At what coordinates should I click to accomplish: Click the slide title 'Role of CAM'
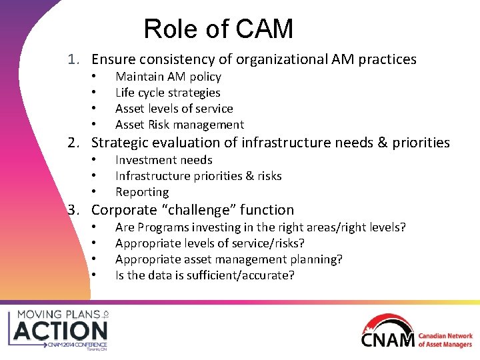218,29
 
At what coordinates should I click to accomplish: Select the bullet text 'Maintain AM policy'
168,77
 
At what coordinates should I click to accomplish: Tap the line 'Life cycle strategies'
167,93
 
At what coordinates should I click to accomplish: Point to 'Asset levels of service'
174,109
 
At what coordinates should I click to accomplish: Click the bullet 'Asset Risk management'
179,125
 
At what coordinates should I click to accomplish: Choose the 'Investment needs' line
163,160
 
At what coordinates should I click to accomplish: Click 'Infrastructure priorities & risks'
198,176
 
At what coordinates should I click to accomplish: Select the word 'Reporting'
142,192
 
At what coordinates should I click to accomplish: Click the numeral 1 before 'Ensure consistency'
73,60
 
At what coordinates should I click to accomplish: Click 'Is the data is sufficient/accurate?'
205,275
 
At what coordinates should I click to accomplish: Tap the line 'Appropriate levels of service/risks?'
210,243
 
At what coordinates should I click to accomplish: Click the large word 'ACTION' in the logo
61,331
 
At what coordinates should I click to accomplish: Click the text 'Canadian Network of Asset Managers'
445,340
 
